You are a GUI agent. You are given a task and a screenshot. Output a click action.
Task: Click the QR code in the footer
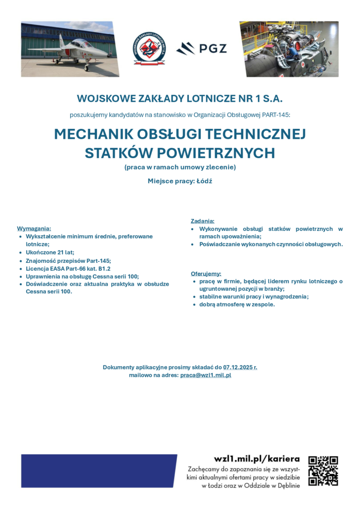pyautogui.click(x=323, y=470)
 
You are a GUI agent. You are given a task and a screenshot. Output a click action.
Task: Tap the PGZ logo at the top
pyautogui.click(x=201, y=48)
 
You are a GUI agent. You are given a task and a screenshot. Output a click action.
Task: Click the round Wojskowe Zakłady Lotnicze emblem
pyautogui.click(x=149, y=49)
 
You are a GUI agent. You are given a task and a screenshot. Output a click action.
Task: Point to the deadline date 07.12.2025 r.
pyautogui.click(x=240, y=367)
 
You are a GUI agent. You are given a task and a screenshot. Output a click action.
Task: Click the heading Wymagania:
pyautogui.click(x=34, y=229)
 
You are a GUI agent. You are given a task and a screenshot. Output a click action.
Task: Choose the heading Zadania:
pyautogui.click(x=203, y=221)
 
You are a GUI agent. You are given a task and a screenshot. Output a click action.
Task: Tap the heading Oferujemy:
pyautogui.click(x=206, y=273)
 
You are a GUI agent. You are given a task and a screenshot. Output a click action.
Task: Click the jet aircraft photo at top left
pyautogui.click(x=70, y=49)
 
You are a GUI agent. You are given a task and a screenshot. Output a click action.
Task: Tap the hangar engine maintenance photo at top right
pyautogui.click(x=289, y=49)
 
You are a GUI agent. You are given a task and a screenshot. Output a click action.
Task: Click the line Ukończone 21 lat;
pyautogui.click(x=49, y=252)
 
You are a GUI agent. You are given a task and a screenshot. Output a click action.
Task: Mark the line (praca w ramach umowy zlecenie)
pyautogui.click(x=180, y=167)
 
